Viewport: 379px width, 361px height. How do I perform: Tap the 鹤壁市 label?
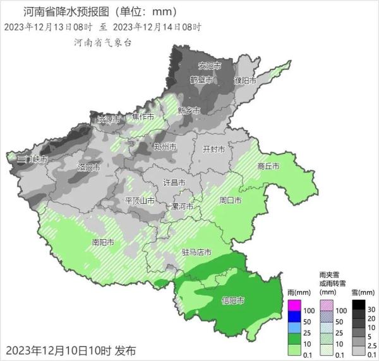[203, 80]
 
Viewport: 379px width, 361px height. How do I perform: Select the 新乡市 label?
[188, 110]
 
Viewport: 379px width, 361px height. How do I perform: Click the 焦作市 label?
[143, 117]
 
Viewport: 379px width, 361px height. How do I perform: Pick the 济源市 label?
[108, 119]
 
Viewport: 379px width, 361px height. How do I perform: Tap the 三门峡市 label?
[32, 159]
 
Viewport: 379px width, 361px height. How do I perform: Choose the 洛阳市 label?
[88, 167]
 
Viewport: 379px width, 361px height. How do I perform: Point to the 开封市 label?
[213, 150]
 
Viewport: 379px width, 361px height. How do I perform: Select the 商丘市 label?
[269, 167]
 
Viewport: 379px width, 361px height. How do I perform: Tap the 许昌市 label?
[174, 182]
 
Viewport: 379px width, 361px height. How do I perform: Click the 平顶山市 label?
[140, 200]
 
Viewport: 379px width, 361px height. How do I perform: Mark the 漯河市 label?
[183, 206]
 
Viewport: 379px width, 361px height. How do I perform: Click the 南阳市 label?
[103, 242]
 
